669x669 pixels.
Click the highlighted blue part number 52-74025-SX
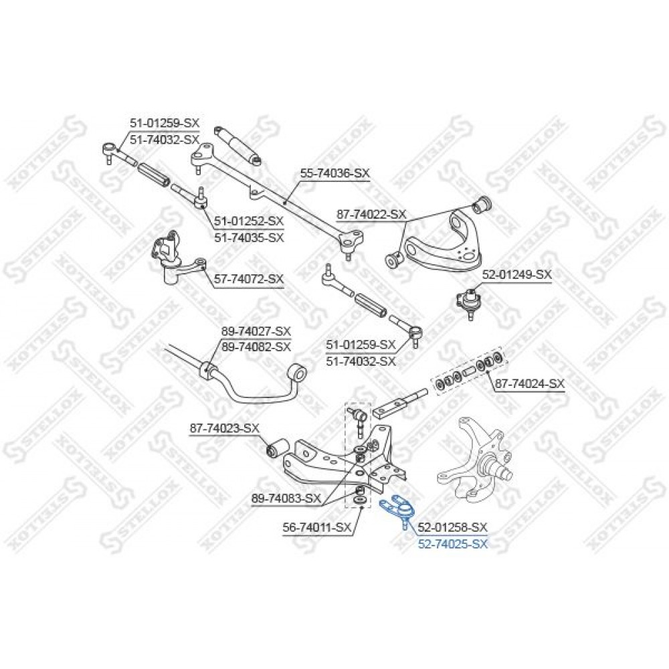pyautogui.click(x=452, y=544)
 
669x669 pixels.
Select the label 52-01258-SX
pyautogui.click(x=452, y=528)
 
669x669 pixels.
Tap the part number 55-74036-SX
pyautogui.click(x=335, y=173)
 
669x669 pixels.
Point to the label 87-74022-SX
pyautogui.click(x=371, y=215)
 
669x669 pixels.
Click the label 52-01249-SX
pyautogui.click(x=516, y=275)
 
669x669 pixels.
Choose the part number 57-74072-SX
pyautogui.click(x=249, y=280)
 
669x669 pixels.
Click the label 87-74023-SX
pyautogui.click(x=224, y=428)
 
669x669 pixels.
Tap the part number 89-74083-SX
pyautogui.click(x=286, y=498)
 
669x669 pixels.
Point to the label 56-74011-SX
pyautogui.click(x=316, y=528)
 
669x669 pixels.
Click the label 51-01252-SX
pyautogui.click(x=249, y=221)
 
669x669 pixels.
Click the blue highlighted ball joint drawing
pyautogui.click(x=399, y=509)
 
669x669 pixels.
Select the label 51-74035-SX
pyautogui.click(x=249, y=237)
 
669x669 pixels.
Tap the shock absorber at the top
pyautogui.click(x=237, y=145)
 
